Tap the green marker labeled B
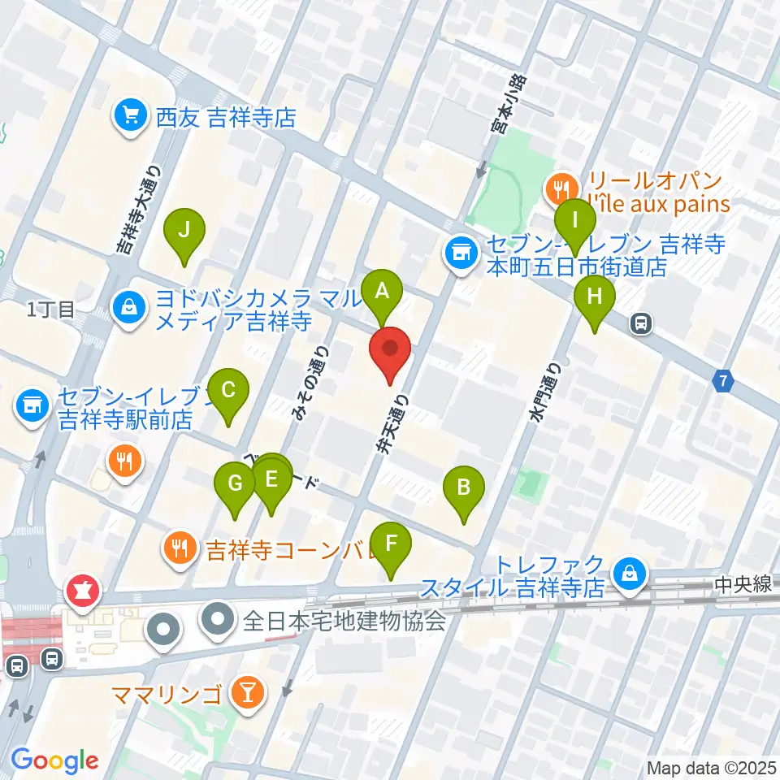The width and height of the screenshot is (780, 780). [464, 487]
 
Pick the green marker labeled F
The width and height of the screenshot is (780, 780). [391, 542]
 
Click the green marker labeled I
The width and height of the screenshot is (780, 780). [576, 219]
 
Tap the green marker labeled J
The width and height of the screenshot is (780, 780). [184, 229]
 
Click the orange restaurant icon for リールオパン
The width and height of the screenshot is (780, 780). [561, 191]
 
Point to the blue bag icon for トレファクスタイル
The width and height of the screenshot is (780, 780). [630, 573]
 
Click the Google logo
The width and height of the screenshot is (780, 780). [54, 760]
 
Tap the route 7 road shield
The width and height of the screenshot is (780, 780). [724, 379]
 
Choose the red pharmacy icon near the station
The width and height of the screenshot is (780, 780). [83, 591]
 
